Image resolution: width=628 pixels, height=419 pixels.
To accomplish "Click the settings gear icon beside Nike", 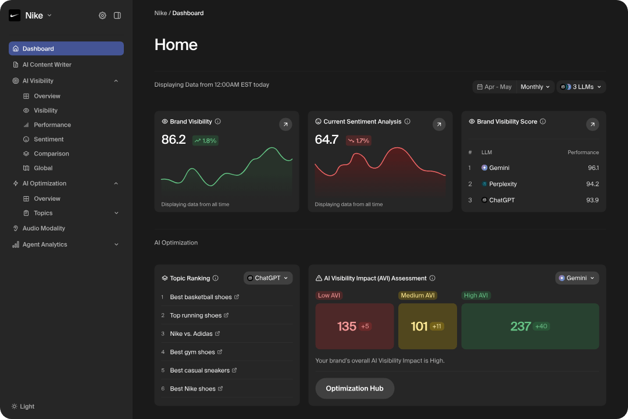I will (x=102, y=16).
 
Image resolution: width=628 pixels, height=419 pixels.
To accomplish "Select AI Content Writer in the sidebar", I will (x=47, y=65).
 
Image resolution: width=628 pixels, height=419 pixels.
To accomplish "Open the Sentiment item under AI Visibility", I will (x=48, y=139).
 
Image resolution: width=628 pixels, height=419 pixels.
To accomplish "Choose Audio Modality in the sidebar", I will (x=44, y=228).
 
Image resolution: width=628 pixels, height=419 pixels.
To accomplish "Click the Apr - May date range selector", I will (x=494, y=87).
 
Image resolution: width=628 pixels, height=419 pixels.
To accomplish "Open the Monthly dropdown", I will (x=535, y=87).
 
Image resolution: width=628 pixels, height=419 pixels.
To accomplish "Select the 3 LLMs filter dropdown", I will (x=581, y=87).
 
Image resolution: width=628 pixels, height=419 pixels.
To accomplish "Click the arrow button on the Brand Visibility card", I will (x=286, y=124).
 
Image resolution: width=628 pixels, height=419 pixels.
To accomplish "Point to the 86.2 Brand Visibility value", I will (x=173, y=140).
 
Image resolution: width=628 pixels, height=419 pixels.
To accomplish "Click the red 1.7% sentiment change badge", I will (x=359, y=140).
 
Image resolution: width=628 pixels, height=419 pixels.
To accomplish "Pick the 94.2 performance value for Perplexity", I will (x=592, y=184).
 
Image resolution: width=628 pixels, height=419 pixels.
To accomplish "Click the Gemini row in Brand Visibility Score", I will (x=499, y=168).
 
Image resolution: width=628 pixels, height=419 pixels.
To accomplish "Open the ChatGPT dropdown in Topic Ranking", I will (x=268, y=278).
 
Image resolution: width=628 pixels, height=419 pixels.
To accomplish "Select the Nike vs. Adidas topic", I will (x=191, y=333).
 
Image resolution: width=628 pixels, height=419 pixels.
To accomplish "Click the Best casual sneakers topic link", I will (x=199, y=370).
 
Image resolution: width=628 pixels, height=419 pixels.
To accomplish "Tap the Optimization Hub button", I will (x=355, y=388).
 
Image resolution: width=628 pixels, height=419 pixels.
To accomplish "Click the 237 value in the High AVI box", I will (x=520, y=326).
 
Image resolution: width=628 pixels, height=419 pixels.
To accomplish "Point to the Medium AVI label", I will (x=418, y=295).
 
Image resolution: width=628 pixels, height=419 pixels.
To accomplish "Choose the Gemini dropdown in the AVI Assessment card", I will (x=577, y=278).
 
